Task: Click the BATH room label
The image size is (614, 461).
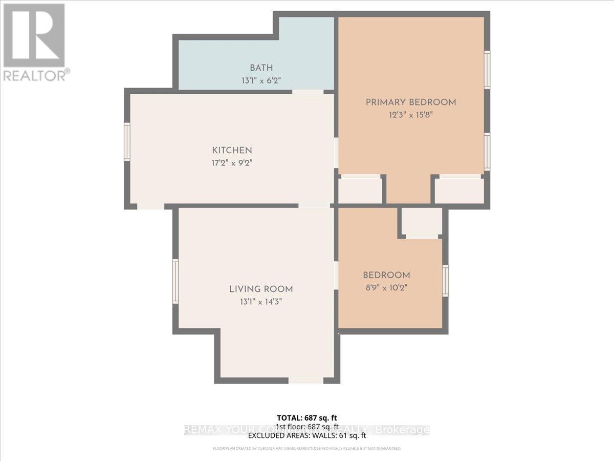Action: coord(261,68)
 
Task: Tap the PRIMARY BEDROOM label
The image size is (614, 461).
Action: coord(410,102)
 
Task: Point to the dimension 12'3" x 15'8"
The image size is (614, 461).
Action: coord(410,115)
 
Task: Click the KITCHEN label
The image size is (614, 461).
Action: coord(232,151)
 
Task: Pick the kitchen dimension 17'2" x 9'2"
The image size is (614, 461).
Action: coord(232,163)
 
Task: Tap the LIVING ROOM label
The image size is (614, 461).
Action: coord(261,289)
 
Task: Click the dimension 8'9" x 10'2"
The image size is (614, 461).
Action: coord(386,287)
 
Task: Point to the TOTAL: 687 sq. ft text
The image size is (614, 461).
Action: coord(307,417)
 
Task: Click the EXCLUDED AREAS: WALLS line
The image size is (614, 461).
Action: coord(307,436)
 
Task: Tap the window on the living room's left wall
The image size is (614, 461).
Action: coord(176,281)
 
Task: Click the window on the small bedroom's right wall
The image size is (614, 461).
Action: coord(445,280)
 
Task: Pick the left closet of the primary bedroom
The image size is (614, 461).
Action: coord(361,191)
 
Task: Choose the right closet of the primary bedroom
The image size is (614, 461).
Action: coord(459,191)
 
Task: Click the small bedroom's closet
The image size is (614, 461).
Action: coord(422,222)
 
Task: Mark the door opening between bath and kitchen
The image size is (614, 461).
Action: coord(308,92)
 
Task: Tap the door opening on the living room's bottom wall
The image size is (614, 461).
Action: coord(305,380)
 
